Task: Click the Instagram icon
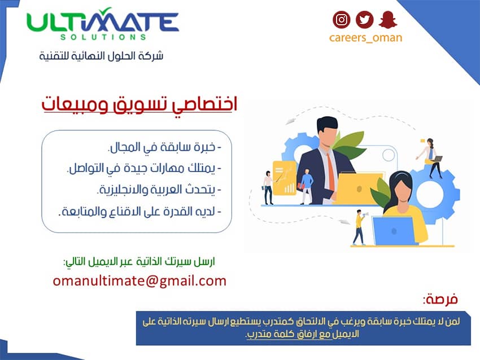341,20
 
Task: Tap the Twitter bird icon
364,20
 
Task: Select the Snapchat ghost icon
388,20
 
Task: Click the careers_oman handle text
365,38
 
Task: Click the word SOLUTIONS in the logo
103,37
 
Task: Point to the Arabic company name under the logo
101,56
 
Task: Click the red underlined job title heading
139,104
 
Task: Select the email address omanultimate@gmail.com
139,281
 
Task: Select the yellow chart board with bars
284,178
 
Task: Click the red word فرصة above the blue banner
440,298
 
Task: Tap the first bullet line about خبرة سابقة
165,147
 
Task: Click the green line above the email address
139,262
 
